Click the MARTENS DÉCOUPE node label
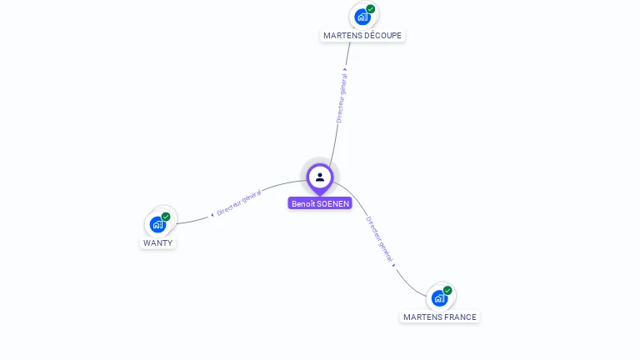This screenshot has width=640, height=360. pos(362,36)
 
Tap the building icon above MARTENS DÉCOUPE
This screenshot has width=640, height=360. pos(362,17)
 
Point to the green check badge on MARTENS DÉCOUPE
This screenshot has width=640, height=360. pos(370,9)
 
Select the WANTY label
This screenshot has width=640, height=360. pos(157,243)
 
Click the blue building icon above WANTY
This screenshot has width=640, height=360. pos(157,224)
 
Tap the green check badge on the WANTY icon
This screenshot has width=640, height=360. pos(166,217)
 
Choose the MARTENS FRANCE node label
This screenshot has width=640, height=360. pos(440,317)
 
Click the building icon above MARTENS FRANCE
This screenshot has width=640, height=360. pos(438,298)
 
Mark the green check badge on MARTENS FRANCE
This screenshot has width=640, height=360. pos(447,291)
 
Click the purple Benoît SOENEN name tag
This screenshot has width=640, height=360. pos(320,203)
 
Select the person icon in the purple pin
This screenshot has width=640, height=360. pos(320,177)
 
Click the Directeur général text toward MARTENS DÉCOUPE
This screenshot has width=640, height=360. pos(341,98)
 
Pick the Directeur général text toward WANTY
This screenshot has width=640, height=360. pos(239,202)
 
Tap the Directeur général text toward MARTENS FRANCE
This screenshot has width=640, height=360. pos(378,239)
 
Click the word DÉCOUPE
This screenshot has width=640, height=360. pos(383,36)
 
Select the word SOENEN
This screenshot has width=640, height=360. pos(333,203)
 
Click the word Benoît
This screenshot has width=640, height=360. pos(303,203)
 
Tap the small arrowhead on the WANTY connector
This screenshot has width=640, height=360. pos(212,214)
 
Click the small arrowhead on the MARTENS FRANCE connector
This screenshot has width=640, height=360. pos(393,265)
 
